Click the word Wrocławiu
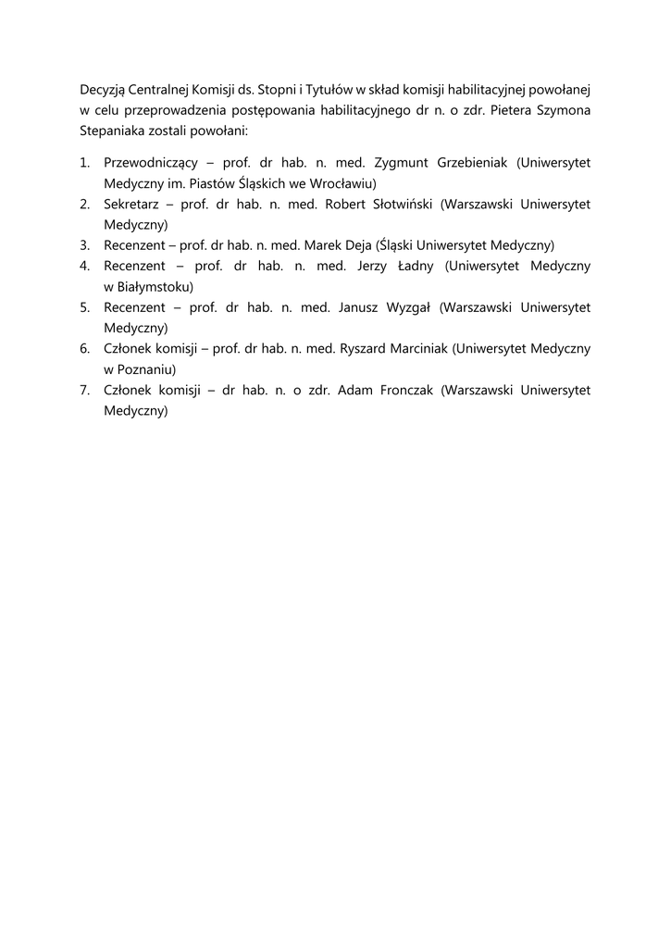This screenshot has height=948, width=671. click(x=340, y=183)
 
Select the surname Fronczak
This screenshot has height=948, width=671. click(x=404, y=390)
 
